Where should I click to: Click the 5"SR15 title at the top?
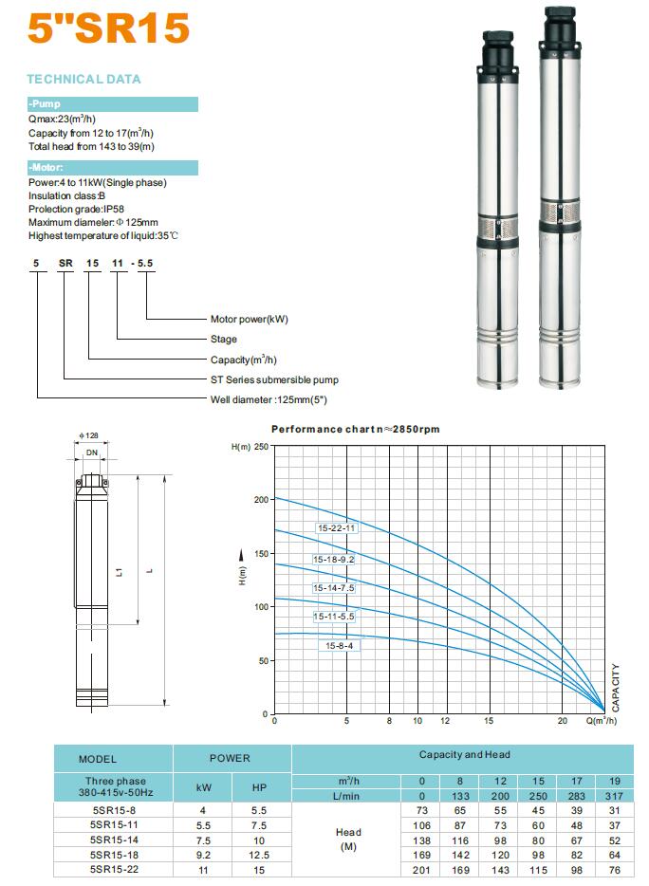[108, 28]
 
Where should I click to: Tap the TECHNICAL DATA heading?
[84, 80]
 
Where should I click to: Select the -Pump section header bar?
[112, 104]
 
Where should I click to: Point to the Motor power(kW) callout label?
[249, 319]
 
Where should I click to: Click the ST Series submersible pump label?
[274, 379]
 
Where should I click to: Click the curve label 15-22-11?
[336, 528]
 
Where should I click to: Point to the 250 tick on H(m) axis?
[259, 446]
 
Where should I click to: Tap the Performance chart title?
[356, 430]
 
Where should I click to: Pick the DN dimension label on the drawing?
[91, 453]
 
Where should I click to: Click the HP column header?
[260, 788]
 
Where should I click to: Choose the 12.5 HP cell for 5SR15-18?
[260, 854]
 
